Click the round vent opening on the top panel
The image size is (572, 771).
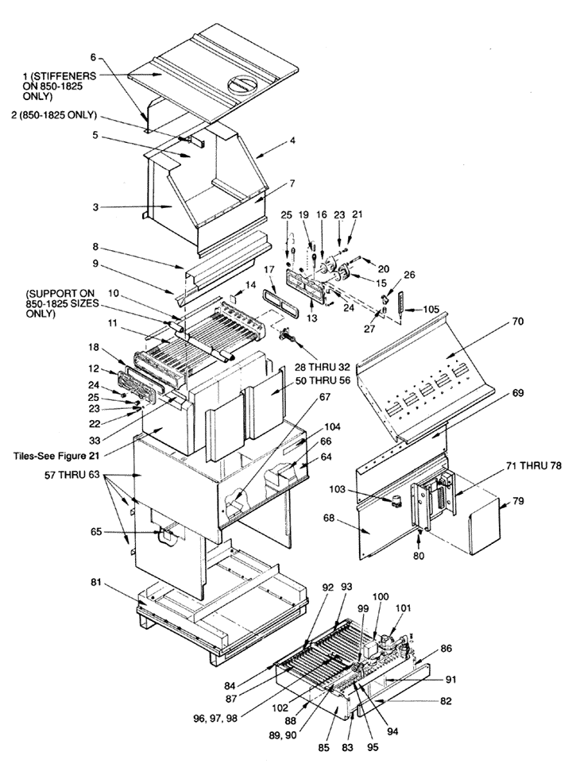point(238,82)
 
